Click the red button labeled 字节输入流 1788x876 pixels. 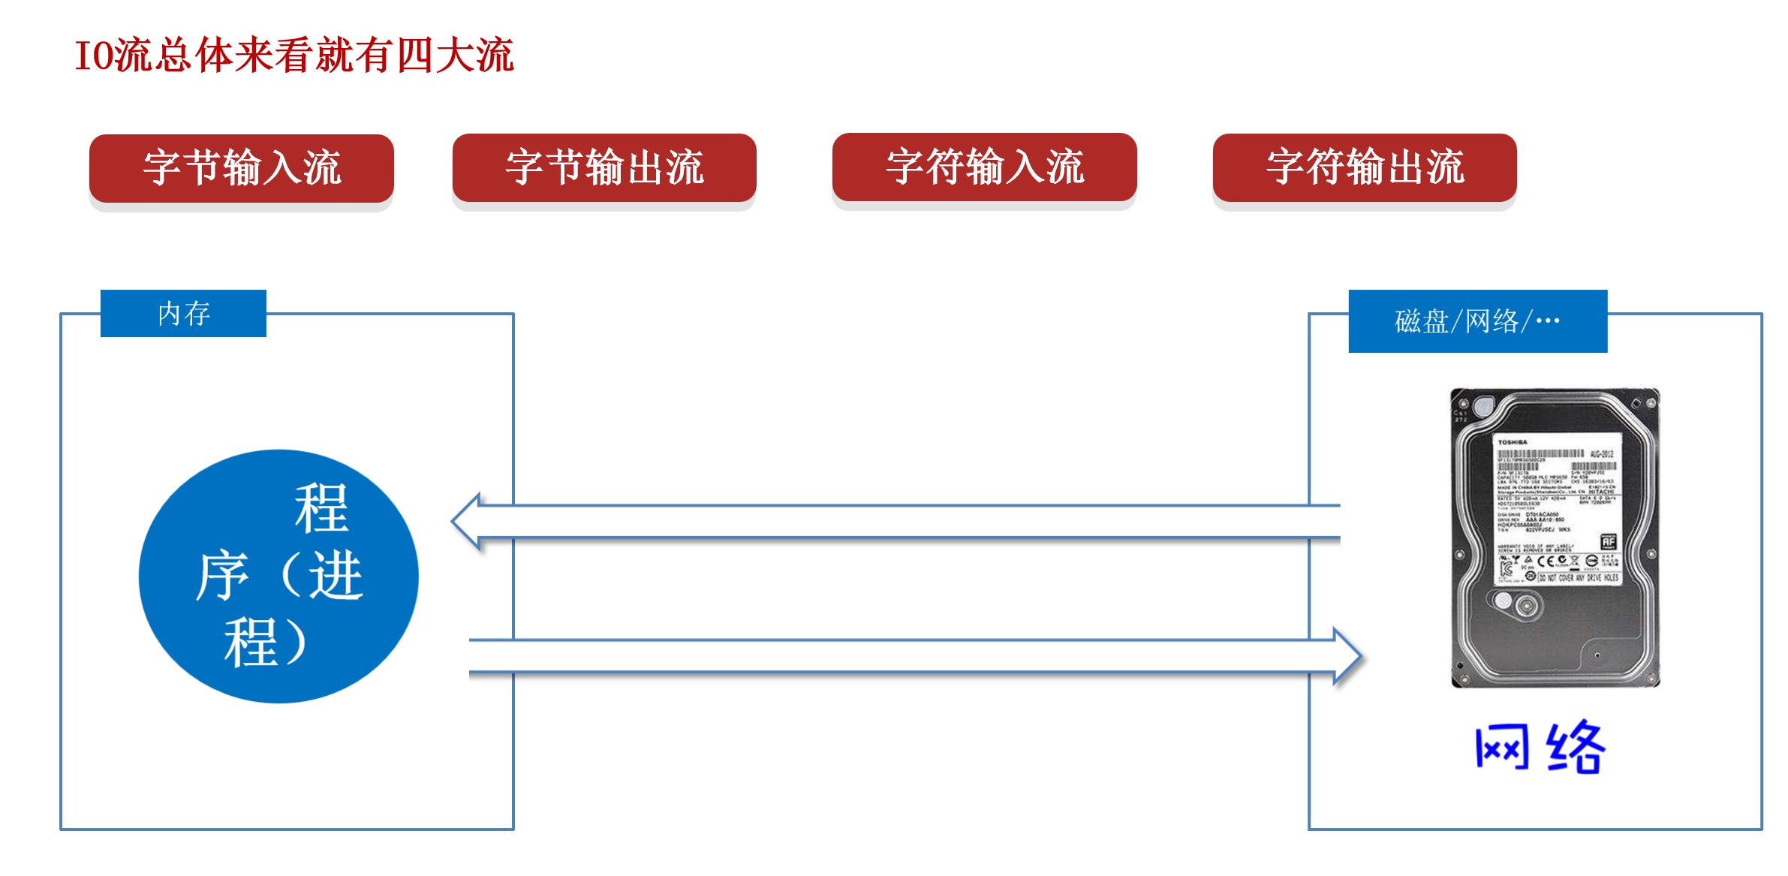point(241,167)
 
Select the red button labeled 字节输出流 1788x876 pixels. point(604,167)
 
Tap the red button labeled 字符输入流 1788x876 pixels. point(984,167)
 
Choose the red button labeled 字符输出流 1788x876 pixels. point(1364,167)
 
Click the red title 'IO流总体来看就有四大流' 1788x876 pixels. point(294,56)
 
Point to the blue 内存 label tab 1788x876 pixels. point(183,314)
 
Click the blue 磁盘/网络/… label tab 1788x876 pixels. point(1477,321)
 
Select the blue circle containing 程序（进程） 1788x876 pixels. point(278,576)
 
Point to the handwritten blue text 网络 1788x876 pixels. point(1539,748)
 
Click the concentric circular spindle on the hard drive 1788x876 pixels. point(1524,605)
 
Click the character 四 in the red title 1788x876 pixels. point(414,56)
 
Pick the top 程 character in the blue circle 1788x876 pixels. point(321,508)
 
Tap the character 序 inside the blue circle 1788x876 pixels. point(222,576)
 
